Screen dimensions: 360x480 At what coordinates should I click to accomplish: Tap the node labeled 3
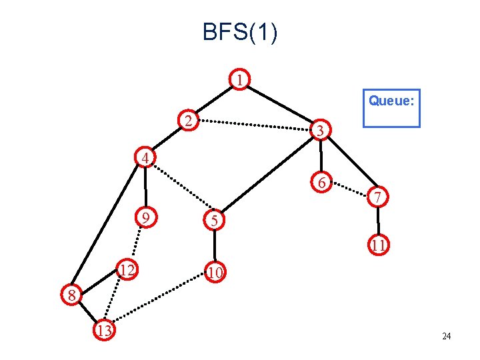[321, 131]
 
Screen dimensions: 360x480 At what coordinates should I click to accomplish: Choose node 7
[377, 197]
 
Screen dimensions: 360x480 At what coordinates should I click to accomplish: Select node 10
[214, 271]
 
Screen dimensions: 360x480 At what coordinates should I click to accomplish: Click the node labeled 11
[379, 245]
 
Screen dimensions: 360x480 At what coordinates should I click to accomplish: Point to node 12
[127, 269]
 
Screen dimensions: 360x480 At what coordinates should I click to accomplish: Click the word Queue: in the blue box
[391, 101]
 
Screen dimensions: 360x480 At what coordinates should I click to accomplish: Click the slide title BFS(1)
[240, 32]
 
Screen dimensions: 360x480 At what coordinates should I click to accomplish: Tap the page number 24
[446, 336]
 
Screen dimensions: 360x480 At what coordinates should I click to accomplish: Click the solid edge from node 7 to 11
[378, 221]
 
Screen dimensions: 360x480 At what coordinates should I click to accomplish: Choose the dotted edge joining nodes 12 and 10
[170, 271]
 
